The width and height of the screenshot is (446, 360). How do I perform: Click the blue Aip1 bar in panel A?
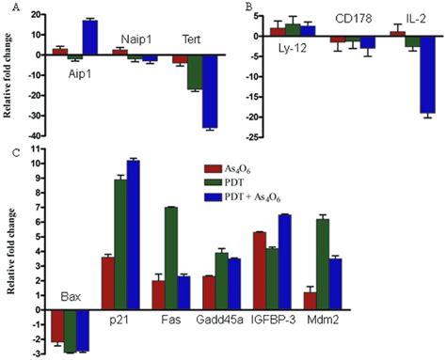(x=90, y=37)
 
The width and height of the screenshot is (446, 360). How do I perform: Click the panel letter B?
(x=248, y=7)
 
